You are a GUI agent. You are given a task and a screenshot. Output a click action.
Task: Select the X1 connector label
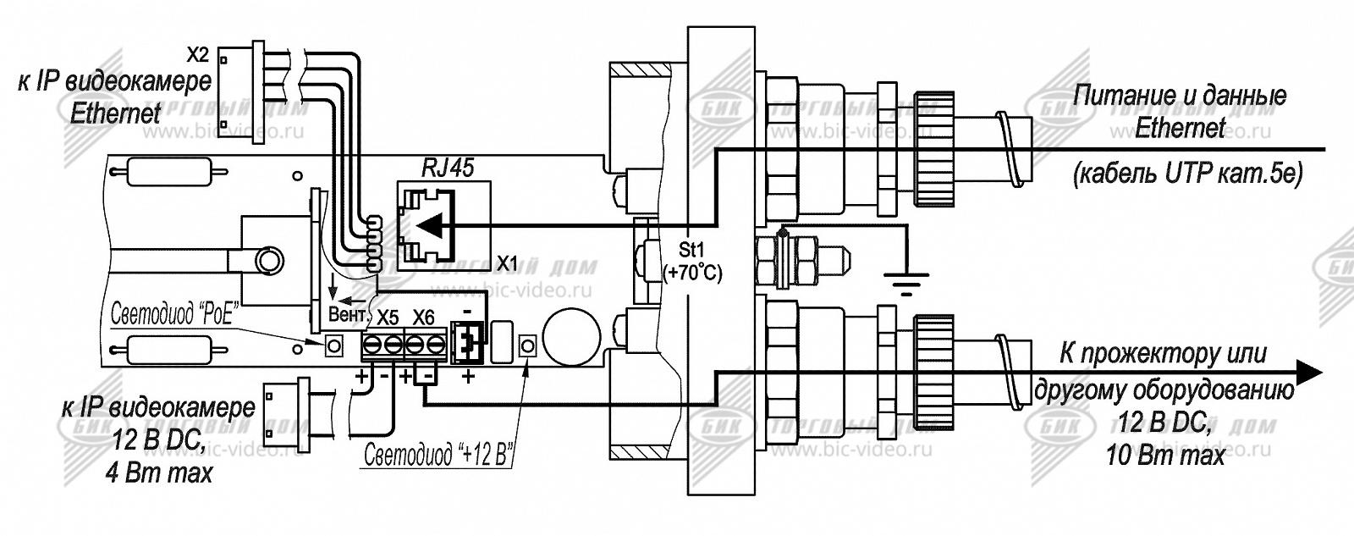pyautogui.click(x=507, y=262)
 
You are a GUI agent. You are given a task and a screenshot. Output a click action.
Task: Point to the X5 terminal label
pyautogui.click(x=388, y=318)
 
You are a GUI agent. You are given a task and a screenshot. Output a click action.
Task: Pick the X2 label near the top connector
pyautogui.click(x=196, y=56)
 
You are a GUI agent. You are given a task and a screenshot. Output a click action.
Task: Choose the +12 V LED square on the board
pyautogui.click(x=528, y=345)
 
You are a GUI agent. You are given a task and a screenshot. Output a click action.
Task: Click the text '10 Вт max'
pyautogui.click(x=1164, y=456)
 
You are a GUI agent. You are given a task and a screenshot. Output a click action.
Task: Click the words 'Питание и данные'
pyautogui.click(x=1180, y=95)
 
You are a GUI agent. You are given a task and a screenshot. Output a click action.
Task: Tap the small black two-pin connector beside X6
pyautogui.click(x=466, y=343)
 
